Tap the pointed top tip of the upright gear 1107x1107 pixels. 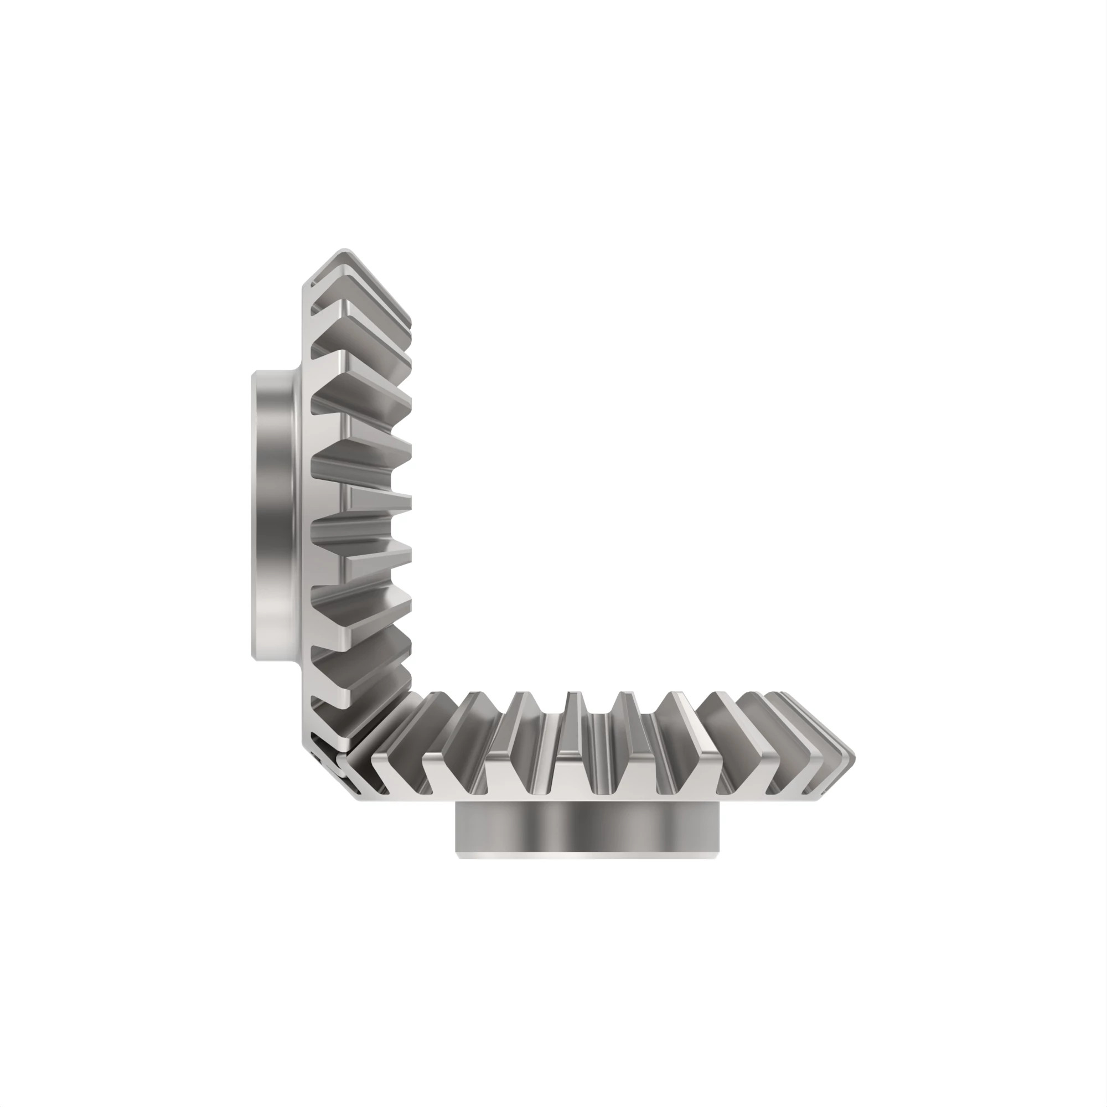coord(344,250)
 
